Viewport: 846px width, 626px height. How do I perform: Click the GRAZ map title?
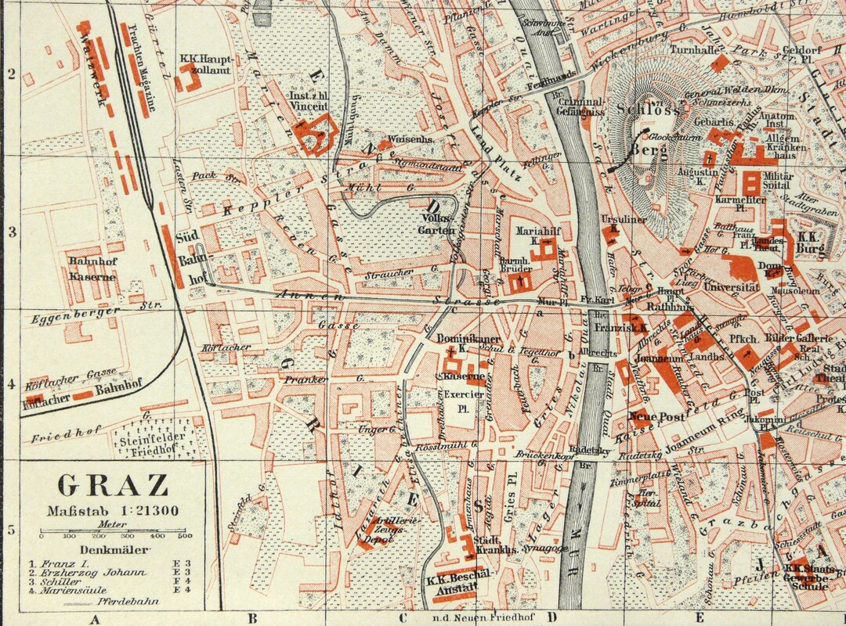(x=113, y=485)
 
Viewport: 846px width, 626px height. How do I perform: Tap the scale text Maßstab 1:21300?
(x=113, y=510)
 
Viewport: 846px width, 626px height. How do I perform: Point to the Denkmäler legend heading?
(x=113, y=549)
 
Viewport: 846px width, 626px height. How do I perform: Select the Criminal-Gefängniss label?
(x=579, y=107)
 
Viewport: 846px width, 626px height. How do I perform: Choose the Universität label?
(x=732, y=288)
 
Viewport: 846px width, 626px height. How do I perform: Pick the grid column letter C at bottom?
(x=402, y=618)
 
